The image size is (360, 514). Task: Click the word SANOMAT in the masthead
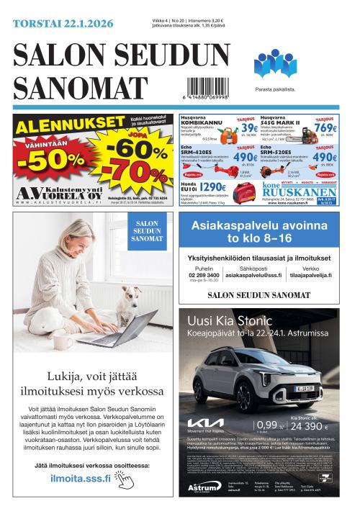(x=68, y=88)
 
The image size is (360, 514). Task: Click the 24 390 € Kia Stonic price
(x=310, y=426)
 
